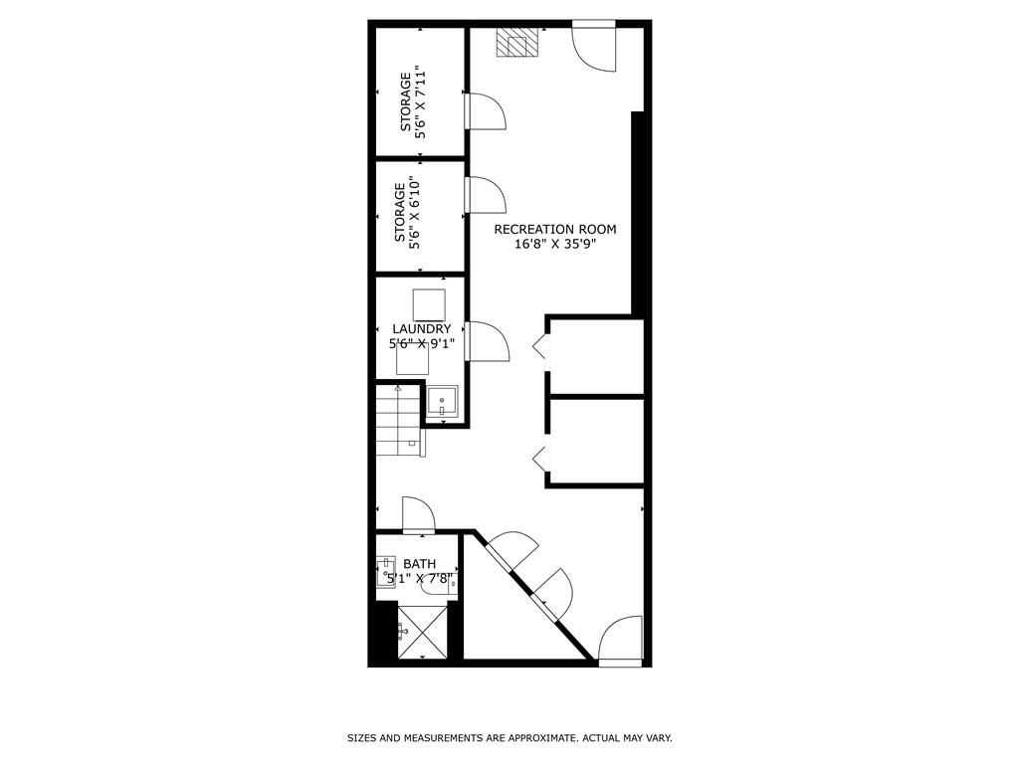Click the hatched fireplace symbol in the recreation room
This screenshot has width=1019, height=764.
(517, 44)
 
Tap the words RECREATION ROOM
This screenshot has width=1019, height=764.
(555, 230)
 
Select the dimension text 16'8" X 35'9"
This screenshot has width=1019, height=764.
(555, 246)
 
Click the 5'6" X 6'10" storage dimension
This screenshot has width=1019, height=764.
(415, 213)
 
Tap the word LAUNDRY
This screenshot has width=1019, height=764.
(422, 329)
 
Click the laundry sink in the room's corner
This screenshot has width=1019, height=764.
(442, 401)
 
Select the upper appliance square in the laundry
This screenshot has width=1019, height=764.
(428, 303)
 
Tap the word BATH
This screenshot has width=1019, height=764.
(419, 564)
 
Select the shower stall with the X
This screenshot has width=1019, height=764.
(421, 633)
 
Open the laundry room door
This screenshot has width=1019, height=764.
(487, 341)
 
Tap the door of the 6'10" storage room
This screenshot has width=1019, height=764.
(487, 195)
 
